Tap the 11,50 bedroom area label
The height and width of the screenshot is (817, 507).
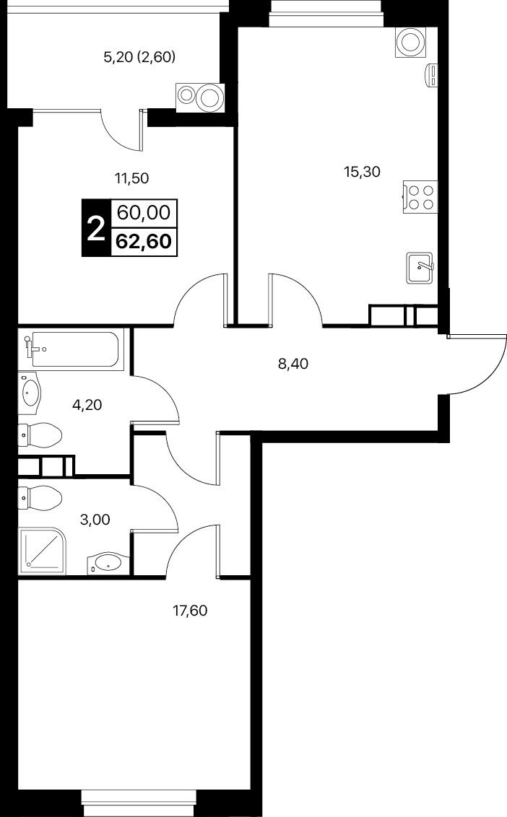point(132,179)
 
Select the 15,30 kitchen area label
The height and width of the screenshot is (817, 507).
point(362,172)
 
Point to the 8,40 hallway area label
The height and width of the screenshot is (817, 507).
point(293,364)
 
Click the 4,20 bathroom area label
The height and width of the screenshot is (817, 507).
point(87,404)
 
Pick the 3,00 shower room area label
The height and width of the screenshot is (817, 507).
point(95,520)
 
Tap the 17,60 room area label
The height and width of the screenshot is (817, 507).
point(190,610)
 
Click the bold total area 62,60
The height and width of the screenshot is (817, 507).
point(144,241)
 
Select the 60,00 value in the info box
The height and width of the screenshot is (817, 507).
point(144,213)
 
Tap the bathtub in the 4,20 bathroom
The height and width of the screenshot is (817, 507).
point(74,350)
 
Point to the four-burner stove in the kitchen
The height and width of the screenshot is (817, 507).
point(420,196)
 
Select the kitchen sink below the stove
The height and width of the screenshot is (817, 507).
point(420,268)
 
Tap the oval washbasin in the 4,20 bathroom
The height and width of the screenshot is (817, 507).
point(30,393)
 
